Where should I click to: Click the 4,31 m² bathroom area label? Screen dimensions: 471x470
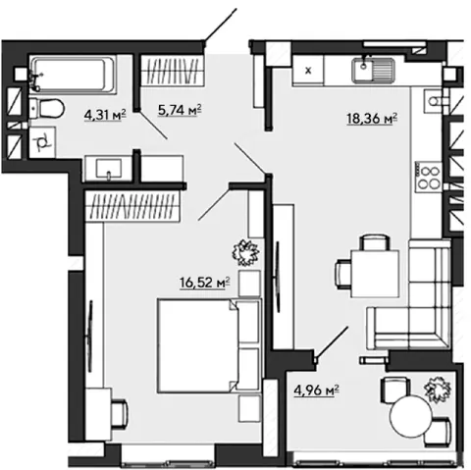105,115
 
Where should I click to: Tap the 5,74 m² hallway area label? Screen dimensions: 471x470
180,110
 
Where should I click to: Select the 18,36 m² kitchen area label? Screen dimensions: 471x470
372,119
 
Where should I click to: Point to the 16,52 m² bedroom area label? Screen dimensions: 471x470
204,283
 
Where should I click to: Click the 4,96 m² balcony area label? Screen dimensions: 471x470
316,391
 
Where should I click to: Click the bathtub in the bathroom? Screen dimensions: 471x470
73,75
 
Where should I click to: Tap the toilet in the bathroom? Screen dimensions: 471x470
47,108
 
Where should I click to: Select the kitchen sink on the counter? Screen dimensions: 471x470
373,70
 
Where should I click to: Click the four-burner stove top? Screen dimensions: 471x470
429,177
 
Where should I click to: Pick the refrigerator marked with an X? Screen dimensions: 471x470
308,71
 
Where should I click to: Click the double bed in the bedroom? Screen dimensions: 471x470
209,345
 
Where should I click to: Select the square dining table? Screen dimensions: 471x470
375,274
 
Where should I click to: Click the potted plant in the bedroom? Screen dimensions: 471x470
245,252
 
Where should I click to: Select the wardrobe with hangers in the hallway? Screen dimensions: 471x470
172,71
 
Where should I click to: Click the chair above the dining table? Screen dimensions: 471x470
375,242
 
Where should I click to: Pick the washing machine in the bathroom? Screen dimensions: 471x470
42,143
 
